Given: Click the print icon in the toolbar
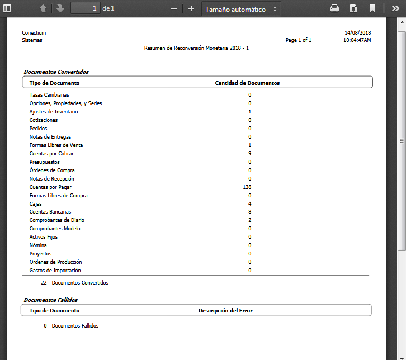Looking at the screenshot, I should click(x=334, y=8).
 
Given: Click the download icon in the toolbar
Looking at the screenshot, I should click(x=353, y=8).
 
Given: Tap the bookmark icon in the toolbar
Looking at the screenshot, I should click(x=372, y=8).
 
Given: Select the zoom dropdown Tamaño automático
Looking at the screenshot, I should click(x=241, y=9).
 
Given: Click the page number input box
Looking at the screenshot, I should click(x=85, y=8).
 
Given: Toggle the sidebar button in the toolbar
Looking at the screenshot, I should click(x=7, y=8).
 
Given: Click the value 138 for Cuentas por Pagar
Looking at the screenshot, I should click(x=248, y=187).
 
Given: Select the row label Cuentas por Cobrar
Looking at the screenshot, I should click(x=51, y=154).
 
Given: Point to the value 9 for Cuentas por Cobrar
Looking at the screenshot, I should click(x=250, y=154).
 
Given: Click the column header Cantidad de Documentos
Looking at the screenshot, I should click(x=247, y=83).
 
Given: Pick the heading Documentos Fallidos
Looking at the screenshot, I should click(x=50, y=300).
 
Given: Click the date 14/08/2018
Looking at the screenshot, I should click(x=357, y=33).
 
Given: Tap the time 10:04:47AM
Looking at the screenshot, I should click(x=357, y=40).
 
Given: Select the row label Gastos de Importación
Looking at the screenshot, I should click(x=55, y=271).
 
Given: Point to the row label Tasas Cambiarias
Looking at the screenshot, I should click(x=49, y=95).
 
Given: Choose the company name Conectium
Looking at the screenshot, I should click(x=34, y=33).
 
